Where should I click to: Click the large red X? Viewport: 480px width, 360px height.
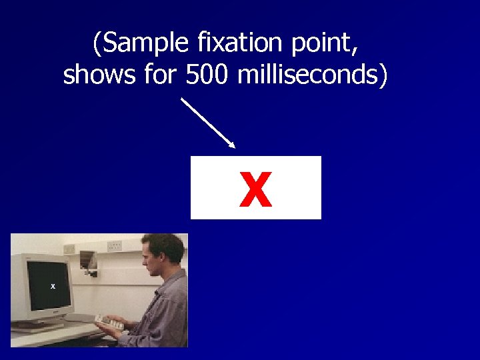click(x=256, y=189)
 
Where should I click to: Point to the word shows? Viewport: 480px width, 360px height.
click(x=101, y=75)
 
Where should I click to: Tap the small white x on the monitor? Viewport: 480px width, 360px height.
click(x=53, y=287)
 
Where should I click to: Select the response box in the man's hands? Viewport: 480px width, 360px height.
click(x=109, y=323)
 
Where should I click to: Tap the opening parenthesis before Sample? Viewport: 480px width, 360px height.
click(x=97, y=45)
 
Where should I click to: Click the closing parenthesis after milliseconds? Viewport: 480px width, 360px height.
click(x=382, y=75)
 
